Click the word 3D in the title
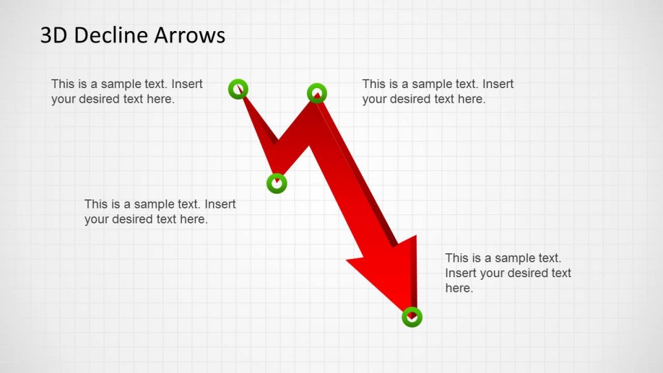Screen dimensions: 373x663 point(54,35)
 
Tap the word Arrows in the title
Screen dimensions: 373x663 point(191,35)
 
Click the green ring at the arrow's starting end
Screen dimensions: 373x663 point(238,89)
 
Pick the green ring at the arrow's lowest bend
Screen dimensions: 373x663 point(276,183)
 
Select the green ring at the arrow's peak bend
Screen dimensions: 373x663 point(316,93)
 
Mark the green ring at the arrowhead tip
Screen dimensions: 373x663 point(412,317)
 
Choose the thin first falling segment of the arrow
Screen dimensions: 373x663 point(259,126)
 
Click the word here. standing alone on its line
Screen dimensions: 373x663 point(459,288)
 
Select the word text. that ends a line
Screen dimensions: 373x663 point(545,258)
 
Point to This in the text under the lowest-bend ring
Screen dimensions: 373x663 point(96,205)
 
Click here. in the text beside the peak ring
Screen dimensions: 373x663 point(471,99)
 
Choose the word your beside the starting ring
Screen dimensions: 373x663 point(63,99)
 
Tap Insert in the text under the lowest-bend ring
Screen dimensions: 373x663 point(220,205)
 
